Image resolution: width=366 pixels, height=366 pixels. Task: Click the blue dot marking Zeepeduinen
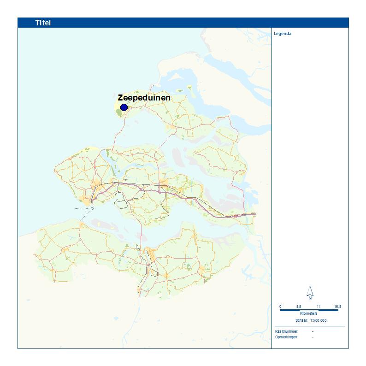pos(124,107)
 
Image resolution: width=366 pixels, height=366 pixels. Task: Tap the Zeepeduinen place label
pos(144,98)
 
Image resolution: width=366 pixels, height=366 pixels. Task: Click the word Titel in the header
pos(43,23)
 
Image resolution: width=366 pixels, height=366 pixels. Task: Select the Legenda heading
pos(283,34)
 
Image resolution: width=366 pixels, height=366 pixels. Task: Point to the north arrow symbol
pos(310,291)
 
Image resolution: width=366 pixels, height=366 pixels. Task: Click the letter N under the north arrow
pos(310,298)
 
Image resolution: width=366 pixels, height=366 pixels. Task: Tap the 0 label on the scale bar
pos(280,307)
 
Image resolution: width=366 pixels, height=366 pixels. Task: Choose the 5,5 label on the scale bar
pos(299,307)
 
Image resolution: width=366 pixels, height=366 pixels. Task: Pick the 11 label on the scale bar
pos(318,307)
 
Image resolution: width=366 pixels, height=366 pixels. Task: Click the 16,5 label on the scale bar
pos(338,307)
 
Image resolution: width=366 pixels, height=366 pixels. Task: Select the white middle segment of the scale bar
pos(309,310)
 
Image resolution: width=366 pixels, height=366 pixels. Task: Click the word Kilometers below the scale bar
pos(309,314)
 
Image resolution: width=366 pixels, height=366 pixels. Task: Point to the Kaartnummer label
pos(286,331)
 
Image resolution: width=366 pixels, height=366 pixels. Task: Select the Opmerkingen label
pos(286,337)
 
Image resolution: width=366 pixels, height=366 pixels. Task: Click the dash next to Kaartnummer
pos(313,331)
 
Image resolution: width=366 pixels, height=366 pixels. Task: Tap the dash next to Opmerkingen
pos(313,337)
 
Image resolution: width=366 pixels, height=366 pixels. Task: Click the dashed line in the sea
pos(83,208)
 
